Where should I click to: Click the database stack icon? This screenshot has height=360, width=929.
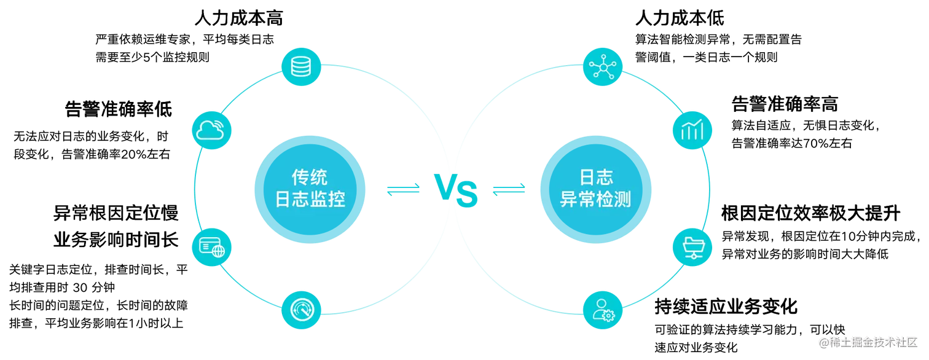coord(300,65)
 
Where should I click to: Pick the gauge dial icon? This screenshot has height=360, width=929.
coord(301,309)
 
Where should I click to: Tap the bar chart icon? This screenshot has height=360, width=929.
coord(692,130)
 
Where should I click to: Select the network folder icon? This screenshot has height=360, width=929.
coord(692,247)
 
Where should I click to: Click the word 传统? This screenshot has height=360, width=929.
coord(310,178)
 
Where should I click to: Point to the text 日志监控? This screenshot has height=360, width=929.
coord(310,200)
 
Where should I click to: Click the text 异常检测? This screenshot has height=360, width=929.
coord(596,200)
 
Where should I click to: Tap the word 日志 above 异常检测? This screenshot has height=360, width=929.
coord(596,178)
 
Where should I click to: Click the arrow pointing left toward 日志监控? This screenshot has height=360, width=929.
coord(402,190)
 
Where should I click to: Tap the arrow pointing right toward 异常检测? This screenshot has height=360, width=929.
coord(509,190)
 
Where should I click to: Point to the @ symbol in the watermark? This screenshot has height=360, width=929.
coord(823,342)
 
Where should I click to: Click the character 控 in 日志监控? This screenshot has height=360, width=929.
coord(336,200)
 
